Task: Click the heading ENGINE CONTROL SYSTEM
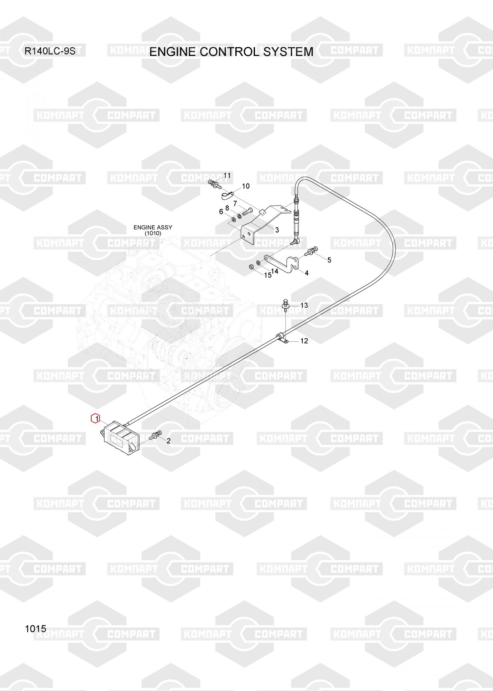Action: [x=231, y=52]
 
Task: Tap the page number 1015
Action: [x=35, y=628]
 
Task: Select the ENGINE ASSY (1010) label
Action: [x=153, y=230]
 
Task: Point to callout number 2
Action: [x=168, y=441]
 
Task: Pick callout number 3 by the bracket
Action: [x=277, y=230]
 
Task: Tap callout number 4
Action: [x=307, y=273]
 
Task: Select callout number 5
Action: [x=329, y=260]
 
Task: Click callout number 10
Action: [x=246, y=186]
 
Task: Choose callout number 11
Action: [x=227, y=176]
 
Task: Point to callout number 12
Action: [x=304, y=341]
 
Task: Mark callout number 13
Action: [x=304, y=305]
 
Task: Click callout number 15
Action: [x=268, y=275]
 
